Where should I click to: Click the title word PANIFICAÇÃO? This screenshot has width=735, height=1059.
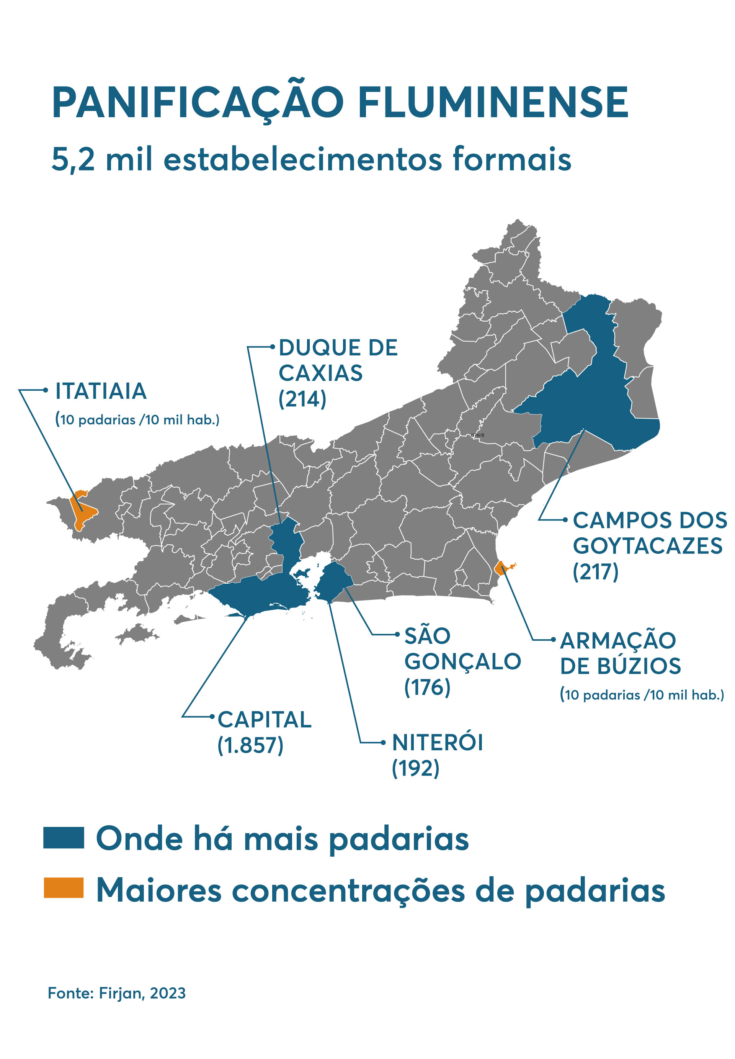[x=198, y=102]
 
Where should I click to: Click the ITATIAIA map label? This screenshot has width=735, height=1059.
[x=101, y=391]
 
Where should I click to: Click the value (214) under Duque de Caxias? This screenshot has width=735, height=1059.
[x=302, y=399]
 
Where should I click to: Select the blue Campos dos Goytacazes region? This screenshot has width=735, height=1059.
[x=594, y=405]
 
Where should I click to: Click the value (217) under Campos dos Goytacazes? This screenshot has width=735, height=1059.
[x=595, y=572]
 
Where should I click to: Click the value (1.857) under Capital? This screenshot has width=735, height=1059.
[x=250, y=745]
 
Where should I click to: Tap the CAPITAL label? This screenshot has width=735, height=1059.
[x=265, y=720]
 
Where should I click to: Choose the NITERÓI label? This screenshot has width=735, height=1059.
[x=438, y=743]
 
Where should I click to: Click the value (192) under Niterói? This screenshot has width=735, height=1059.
[x=415, y=768]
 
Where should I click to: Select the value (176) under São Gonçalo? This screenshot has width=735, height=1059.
[x=427, y=687]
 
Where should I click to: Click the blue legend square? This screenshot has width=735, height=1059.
[x=64, y=838]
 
